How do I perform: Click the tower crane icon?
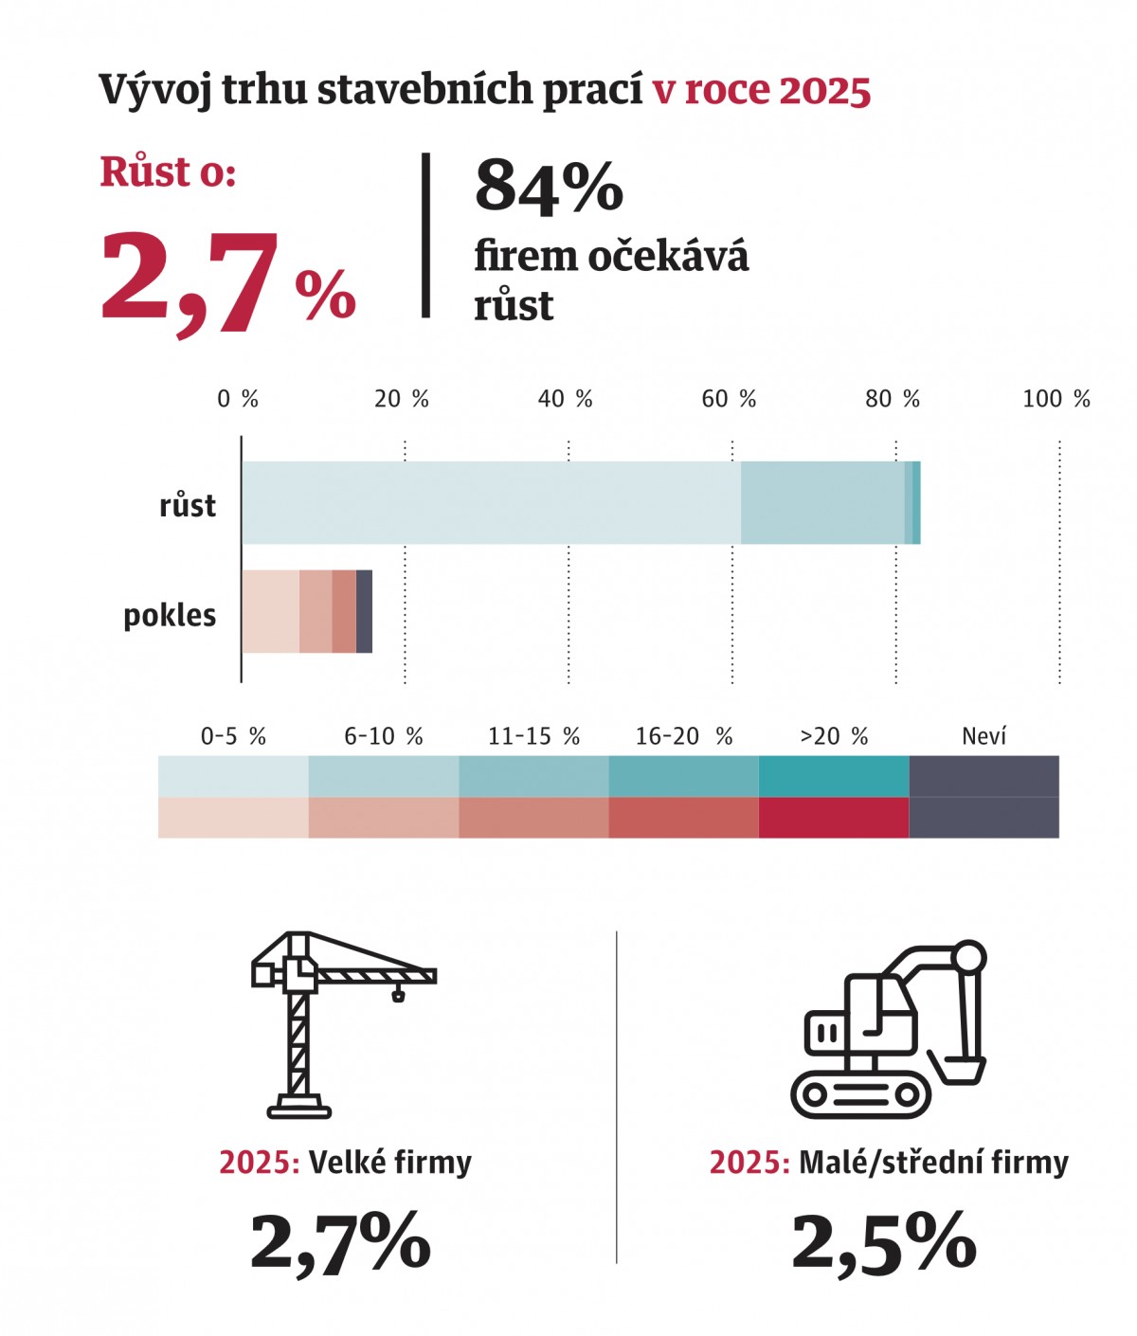(x=322, y=1023)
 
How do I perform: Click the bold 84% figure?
(x=549, y=188)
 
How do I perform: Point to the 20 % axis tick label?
(x=402, y=399)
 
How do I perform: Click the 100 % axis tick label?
(x=1056, y=399)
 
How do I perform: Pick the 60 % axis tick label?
(x=729, y=399)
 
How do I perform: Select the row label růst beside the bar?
(x=188, y=505)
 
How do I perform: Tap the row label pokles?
(x=170, y=615)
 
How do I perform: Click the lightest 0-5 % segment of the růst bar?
(x=491, y=502)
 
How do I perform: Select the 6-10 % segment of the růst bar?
(x=821, y=502)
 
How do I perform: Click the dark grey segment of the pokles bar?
(x=364, y=611)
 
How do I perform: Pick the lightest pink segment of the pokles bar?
(x=270, y=611)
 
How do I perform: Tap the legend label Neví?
(x=984, y=736)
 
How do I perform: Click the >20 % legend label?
(x=834, y=736)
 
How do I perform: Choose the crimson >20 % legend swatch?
(x=834, y=818)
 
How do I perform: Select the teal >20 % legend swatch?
(x=834, y=776)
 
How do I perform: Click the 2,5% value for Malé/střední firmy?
(x=883, y=1242)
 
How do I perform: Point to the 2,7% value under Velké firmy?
(x=340, y=1242)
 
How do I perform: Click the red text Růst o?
(x=168, y=172)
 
